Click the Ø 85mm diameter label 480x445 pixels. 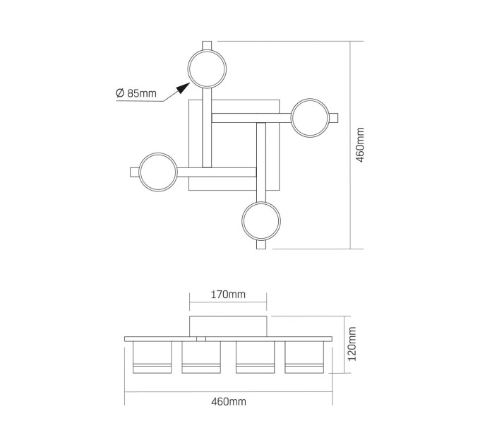(x=136, y=93)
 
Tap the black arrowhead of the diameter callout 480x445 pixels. (x=183, y=88)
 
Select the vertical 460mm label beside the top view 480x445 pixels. (x=360, y=145)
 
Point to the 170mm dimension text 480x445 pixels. (x=228, y=295)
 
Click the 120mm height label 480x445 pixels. (x=352, y=344)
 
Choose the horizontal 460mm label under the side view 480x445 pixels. (x=229, y=401)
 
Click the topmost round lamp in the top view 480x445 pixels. (x=207, y=69)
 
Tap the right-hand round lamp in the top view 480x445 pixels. (x=310, y=118)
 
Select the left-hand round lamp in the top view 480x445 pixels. (x=158, y=172)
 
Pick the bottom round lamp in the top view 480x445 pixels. (x=261, y=221)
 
